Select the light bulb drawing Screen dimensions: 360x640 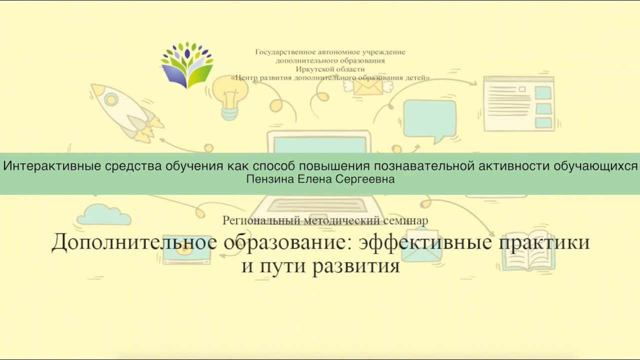pyautogui.click(x=230, y=97)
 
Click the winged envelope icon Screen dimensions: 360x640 pyautogui.click(x=368, y=86)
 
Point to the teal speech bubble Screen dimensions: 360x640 pyautogui.click(x=429, y=120)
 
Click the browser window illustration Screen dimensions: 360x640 pyautogui.click(x=518, y=104)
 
